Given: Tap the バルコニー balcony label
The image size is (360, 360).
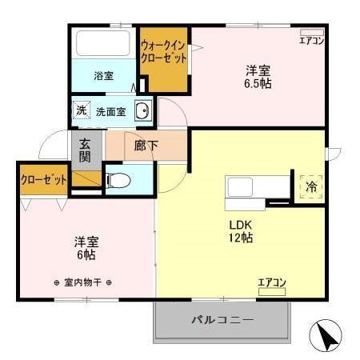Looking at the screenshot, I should click(222, 321).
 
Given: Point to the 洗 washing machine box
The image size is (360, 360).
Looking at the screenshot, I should click(82, 110).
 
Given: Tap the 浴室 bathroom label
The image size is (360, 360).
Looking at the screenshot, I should click(103, 77).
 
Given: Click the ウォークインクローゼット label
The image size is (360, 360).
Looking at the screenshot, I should click(164, 52).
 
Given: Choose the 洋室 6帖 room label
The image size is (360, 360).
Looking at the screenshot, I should click(86, 247).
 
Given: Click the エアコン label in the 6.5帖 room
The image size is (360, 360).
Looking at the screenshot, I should click(311, 41).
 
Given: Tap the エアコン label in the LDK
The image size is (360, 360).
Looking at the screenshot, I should click(272, 282).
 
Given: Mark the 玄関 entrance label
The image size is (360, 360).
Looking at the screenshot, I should click(86, 150).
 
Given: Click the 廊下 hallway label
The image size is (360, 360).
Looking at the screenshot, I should click(145, 146).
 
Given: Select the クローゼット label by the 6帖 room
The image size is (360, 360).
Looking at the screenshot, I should click(43, 180).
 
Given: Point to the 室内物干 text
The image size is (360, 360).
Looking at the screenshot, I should click(82, 282).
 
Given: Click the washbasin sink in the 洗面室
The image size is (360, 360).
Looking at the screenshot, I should click(143, 111).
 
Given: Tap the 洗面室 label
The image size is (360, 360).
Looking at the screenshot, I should click(111, 111).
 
